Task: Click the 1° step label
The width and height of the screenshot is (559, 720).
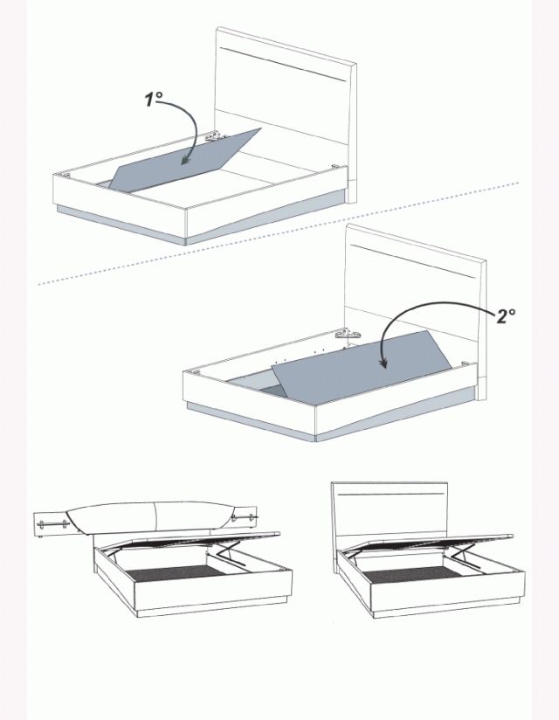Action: (x=154, y=100)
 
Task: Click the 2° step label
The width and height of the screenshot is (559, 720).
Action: (x=506, y=316)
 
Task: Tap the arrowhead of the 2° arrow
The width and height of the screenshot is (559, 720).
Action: (x=383, y=363)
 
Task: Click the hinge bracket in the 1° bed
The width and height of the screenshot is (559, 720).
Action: (x=216, y=136)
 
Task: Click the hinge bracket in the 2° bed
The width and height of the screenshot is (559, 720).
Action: (x=347, y=333)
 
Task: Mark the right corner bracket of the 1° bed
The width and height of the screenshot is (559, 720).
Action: (x=335, y=166)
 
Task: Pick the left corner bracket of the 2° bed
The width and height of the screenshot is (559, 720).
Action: (x=197, y=371)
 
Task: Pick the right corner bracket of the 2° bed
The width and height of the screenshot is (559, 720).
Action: (x=465, y=363)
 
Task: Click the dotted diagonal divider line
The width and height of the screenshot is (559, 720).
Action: (x=279, y=233)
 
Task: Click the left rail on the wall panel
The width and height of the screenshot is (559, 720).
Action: (x=53, y=524)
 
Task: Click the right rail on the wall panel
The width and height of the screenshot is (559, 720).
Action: (x=242, y=517)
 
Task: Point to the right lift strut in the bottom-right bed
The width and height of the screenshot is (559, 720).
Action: (x=464, y=555)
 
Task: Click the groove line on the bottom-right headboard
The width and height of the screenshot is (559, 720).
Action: (x=390, y=495)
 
